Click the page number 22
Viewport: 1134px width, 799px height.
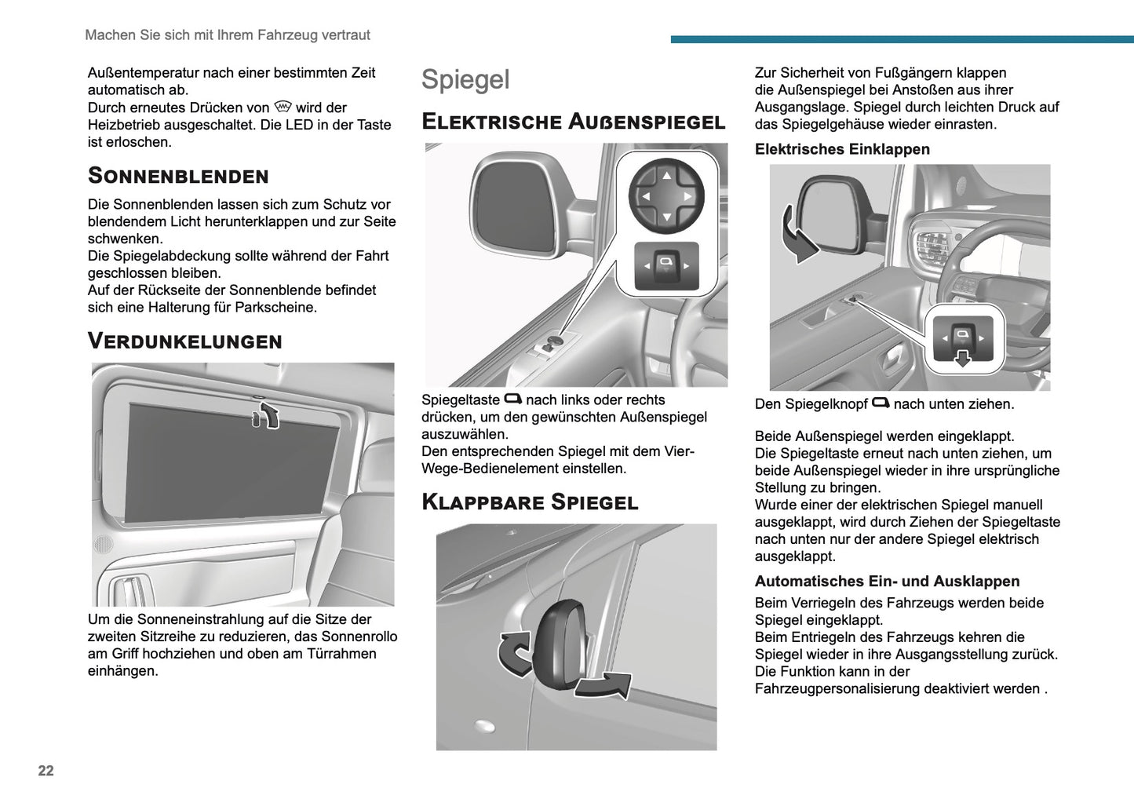pyautogui.click(x=46, y=771)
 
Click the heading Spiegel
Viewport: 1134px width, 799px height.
pyautogui.click(x=465, y=79)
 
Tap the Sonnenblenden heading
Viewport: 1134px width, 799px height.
pyautogui.click(x=178, y=175)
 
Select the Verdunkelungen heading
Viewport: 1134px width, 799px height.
pyautogui.click(x=184, y=341)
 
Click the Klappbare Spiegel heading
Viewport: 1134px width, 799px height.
pyautogui.click(x=530, y=502)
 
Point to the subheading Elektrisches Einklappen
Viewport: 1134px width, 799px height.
pyautogui.click(x=842, y=149)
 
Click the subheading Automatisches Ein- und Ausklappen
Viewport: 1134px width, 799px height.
pyautogui.click(x=887, y=582)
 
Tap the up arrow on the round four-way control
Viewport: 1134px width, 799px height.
pyautogui.click(x=666, y=175)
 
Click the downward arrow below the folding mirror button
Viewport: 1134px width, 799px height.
pyautogui.click(x=962, y=359)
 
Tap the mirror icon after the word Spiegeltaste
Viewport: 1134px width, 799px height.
pyautogui.click(x=512, y=399)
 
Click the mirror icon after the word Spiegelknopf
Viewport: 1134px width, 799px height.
pyautogui.click(x=881, y=403)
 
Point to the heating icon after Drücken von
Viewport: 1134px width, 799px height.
pyautogui.click(x=283, y=107)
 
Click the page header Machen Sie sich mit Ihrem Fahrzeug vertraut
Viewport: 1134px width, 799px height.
pyautogui.click(x=228, y=35)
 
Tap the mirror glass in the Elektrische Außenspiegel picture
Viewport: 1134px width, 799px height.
pyautogui.click(x=510, y=206)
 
